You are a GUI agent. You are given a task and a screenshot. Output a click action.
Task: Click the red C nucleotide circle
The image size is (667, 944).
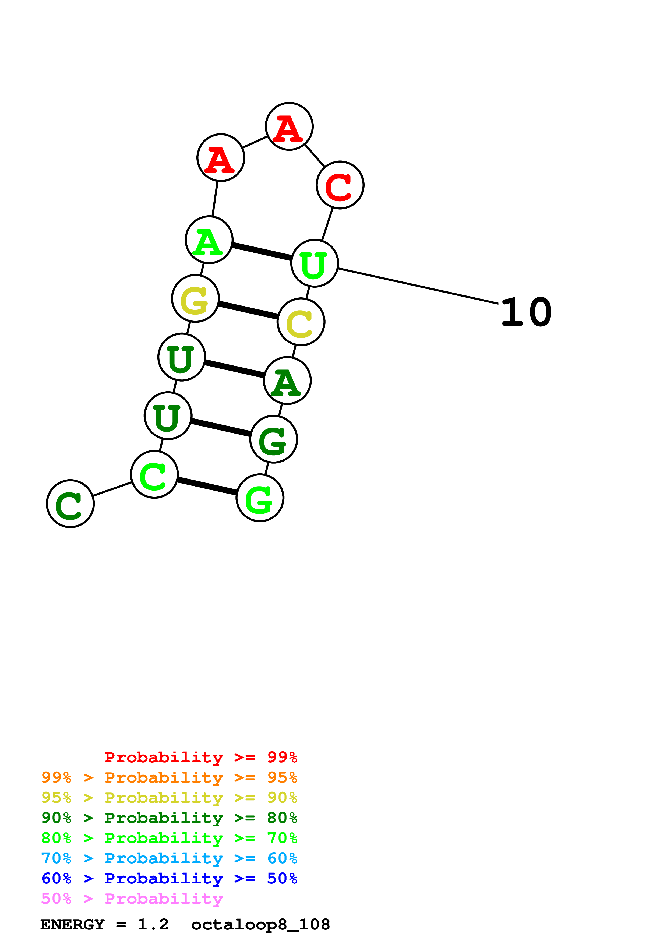point(340,185)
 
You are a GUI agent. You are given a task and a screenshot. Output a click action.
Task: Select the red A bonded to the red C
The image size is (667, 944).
point(289,126)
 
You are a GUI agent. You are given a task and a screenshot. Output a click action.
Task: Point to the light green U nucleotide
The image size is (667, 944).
point(314,263)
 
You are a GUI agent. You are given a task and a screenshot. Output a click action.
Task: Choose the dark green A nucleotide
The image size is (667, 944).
point(287,381)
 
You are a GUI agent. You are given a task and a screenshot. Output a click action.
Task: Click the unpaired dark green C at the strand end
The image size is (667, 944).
point(70,504)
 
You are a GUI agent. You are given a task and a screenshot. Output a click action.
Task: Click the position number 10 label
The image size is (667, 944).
point(527,313)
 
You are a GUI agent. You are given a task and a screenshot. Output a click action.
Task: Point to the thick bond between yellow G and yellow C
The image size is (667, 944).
point(248,311)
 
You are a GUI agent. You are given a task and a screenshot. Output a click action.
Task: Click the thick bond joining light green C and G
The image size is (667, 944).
point(207,486)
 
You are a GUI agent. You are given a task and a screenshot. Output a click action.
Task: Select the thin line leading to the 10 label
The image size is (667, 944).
point(418,287)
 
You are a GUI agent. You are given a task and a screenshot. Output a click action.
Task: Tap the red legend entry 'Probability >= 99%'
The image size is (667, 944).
point(200,757)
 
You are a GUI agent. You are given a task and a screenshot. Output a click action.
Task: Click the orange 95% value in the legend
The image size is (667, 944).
point(282,777)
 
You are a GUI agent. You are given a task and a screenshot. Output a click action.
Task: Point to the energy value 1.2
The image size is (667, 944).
point(153,925)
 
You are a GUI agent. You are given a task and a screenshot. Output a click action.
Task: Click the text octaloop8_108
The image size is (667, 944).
point(260,925)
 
